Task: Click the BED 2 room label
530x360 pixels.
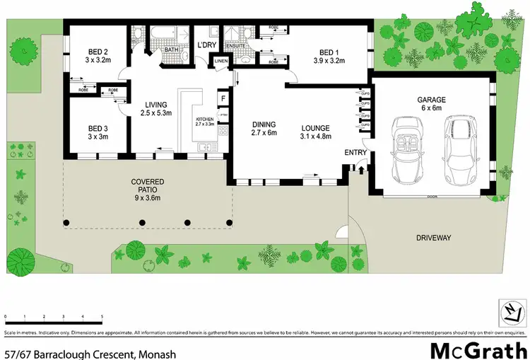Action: click(98, 52)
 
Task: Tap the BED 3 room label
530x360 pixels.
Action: click(98, 128)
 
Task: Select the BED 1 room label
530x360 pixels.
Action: click(329, 52)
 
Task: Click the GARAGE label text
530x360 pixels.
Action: click(430, 100)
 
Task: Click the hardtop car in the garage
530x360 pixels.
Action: click(460, 149)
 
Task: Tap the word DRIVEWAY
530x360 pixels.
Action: click(433, 238)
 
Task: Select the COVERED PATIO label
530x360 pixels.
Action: click(147, 182)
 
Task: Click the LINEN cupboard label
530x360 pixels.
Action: click(221, 62)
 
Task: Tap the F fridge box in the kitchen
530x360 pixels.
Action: click(223, 98)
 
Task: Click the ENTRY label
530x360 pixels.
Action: click(355, 153)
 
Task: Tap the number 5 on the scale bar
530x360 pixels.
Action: click(102, 317)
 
